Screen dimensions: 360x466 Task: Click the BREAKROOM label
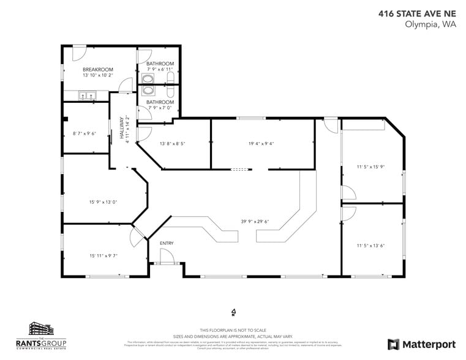point(97,70)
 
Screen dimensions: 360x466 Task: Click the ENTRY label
point(167,243)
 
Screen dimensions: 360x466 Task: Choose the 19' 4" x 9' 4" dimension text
point(261,143)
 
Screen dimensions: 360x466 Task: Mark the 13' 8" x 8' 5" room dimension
point(172,143)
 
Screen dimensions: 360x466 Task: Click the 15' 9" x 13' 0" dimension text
point(103,201)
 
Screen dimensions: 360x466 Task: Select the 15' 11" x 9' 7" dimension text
point(103,256)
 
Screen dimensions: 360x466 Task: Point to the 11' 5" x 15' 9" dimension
point(371,166)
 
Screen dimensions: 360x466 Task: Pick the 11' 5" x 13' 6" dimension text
point(371,246)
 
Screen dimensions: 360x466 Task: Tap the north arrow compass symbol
point(233,312)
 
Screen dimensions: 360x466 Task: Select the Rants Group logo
point(45,336)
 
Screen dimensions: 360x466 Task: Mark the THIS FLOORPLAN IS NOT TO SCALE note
point(233,329)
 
